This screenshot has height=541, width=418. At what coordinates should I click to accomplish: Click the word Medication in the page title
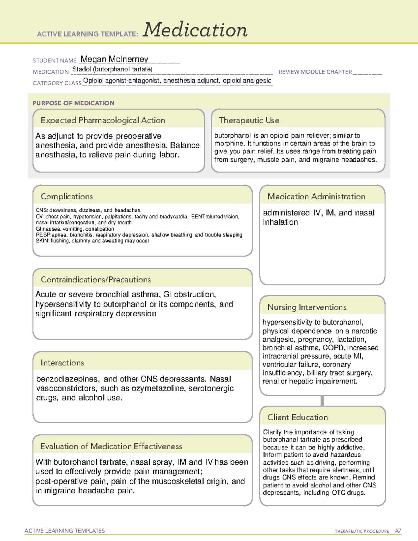click(195, 30)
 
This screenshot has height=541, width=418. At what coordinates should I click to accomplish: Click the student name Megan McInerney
click(114, 59)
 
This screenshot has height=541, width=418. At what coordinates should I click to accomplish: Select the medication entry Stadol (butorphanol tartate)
click(112, 69)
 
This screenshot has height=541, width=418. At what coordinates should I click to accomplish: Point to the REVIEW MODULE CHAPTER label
click(315, 72)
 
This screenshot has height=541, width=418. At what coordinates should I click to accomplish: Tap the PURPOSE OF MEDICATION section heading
click(73, 103)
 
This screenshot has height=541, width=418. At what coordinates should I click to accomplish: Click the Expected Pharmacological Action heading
click(103, 120)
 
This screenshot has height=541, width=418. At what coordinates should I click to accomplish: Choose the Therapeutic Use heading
click(249, 120)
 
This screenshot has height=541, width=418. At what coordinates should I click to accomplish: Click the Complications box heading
click(67, 196)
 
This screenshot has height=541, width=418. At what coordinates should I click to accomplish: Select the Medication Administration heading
click(316, 196)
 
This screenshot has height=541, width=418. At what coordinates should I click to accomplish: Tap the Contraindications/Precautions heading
click(95, 279)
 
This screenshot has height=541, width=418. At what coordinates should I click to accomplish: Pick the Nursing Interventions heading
click(307, 307)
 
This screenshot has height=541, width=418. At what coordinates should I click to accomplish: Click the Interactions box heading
click(62, 363)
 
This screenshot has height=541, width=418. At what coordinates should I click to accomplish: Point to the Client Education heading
click(297, 417)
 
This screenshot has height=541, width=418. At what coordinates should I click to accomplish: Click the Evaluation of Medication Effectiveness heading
click(111, 446)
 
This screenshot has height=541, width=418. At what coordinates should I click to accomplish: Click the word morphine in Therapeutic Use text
click(229, 144)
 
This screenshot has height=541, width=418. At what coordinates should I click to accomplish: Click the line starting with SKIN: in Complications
click(92, 241)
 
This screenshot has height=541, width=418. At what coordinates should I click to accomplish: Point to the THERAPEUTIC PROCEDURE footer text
click(362, 531)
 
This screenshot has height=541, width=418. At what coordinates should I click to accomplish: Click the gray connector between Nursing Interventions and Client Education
click(322, 401)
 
